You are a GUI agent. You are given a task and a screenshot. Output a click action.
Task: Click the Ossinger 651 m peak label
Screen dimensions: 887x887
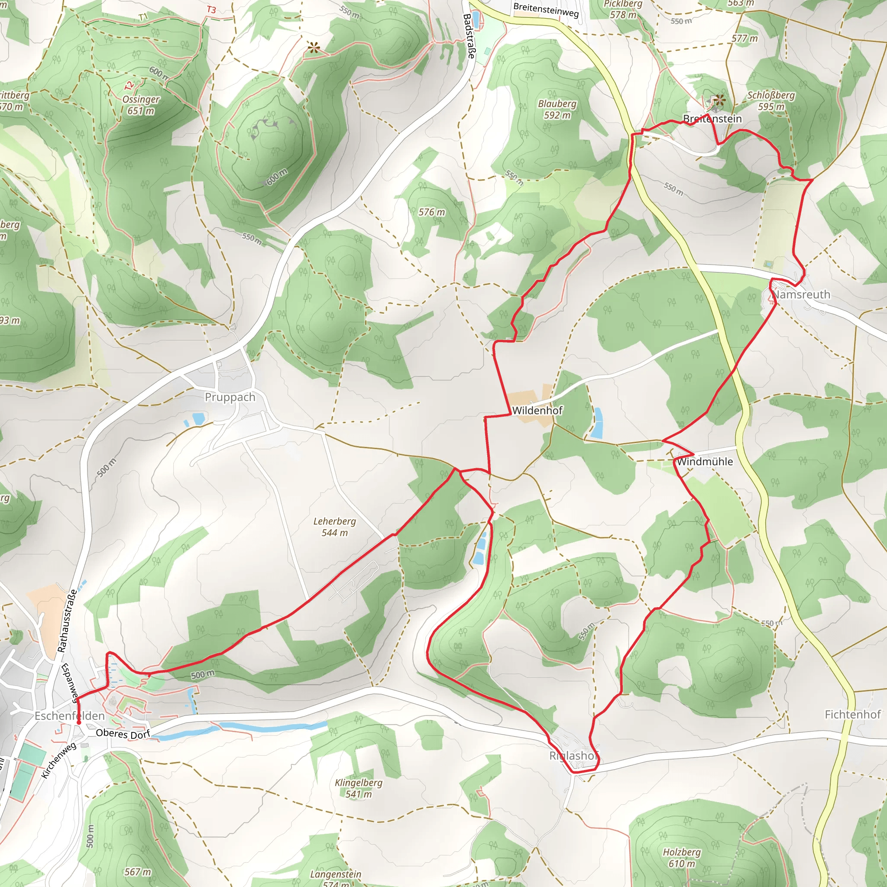pos(141,105)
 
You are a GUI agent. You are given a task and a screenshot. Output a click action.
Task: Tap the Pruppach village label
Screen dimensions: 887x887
pos(230,397)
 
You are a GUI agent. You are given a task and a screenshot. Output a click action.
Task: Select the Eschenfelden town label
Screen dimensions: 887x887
pos(70,716)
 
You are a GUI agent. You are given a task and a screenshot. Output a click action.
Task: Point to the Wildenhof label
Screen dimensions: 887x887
pos(537,411)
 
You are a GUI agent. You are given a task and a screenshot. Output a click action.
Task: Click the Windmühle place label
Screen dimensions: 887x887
pos(704,461)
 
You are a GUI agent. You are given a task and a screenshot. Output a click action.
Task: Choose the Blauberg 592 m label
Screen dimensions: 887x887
pos(557,109)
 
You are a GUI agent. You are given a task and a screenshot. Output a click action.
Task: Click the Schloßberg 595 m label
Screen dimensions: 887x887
pos(771,100)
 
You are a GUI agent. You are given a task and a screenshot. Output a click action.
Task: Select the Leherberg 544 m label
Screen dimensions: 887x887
pos(334,527)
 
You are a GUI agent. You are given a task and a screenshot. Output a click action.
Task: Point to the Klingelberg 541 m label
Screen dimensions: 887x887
pos(359,788)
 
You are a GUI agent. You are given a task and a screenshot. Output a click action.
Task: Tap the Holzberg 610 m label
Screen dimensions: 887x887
pos(682,858)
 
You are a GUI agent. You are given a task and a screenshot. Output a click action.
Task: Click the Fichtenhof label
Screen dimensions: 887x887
pos(852,714)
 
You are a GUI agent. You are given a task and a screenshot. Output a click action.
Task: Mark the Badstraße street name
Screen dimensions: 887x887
pos(469,36)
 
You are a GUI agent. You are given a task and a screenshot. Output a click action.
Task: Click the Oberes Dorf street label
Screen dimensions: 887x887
pos(123,734)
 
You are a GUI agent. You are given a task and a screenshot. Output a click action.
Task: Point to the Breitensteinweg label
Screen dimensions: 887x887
pos(546,10)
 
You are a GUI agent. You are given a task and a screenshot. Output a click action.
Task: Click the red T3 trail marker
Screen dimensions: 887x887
pos(211,10)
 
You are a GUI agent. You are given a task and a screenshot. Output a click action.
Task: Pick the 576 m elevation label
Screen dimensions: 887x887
pos(431,212)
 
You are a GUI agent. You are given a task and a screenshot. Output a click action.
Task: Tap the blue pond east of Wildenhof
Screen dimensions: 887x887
pos(597,422)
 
